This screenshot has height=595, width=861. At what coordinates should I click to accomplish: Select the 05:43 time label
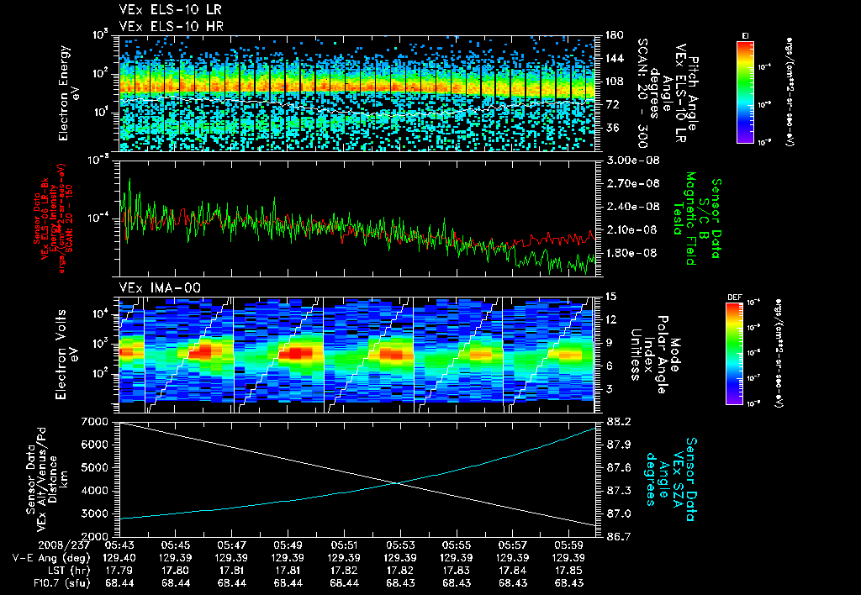click(x=122, y=545)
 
